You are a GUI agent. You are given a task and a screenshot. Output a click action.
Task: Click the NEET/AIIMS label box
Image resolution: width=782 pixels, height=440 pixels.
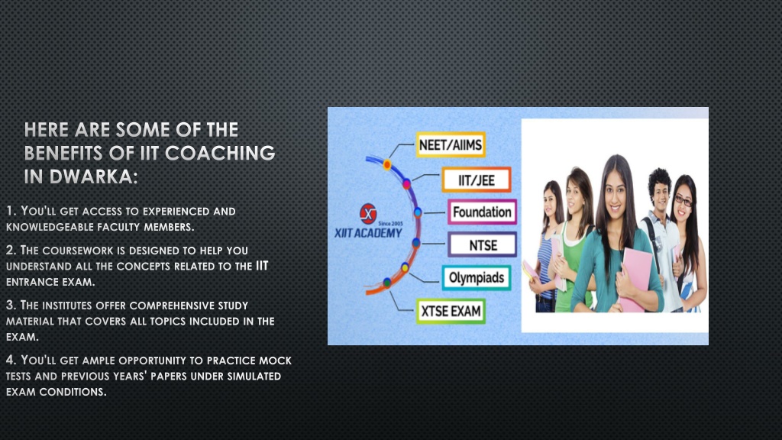(451, 144)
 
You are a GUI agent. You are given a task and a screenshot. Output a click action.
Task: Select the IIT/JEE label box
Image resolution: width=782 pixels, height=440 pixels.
(477, 180)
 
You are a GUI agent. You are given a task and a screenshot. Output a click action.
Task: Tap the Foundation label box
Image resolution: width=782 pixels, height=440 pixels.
(482, 212)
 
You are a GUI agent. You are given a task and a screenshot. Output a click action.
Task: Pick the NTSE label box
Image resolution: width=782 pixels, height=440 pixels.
(483, 244)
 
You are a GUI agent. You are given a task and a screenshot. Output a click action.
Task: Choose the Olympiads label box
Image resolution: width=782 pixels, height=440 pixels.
(477, 278)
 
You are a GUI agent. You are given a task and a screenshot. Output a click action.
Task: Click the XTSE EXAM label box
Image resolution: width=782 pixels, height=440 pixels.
(451, 311)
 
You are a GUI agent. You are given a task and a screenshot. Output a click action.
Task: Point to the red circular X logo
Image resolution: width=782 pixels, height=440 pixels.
(368, 214)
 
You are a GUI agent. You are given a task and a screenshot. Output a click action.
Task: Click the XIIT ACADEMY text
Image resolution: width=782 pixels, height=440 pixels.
(368, 233)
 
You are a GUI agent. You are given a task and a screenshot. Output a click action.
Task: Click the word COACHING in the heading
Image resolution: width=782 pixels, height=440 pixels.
(220, 153)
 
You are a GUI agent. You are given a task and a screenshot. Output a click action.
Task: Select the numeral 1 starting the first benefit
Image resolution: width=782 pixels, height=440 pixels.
(10, 211)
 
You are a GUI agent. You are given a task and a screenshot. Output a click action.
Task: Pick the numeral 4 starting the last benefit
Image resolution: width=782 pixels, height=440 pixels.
(10, 360)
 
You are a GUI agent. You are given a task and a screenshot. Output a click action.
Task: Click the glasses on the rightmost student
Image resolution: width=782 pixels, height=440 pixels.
(683, 201)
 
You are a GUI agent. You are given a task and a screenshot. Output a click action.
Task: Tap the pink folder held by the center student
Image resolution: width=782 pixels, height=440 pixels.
(635, 280)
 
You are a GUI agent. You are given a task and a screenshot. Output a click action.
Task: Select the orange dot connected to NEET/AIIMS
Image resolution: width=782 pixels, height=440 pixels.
(387, 164)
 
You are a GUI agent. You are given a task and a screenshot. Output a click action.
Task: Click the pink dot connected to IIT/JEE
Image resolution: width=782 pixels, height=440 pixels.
(407, 184)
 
